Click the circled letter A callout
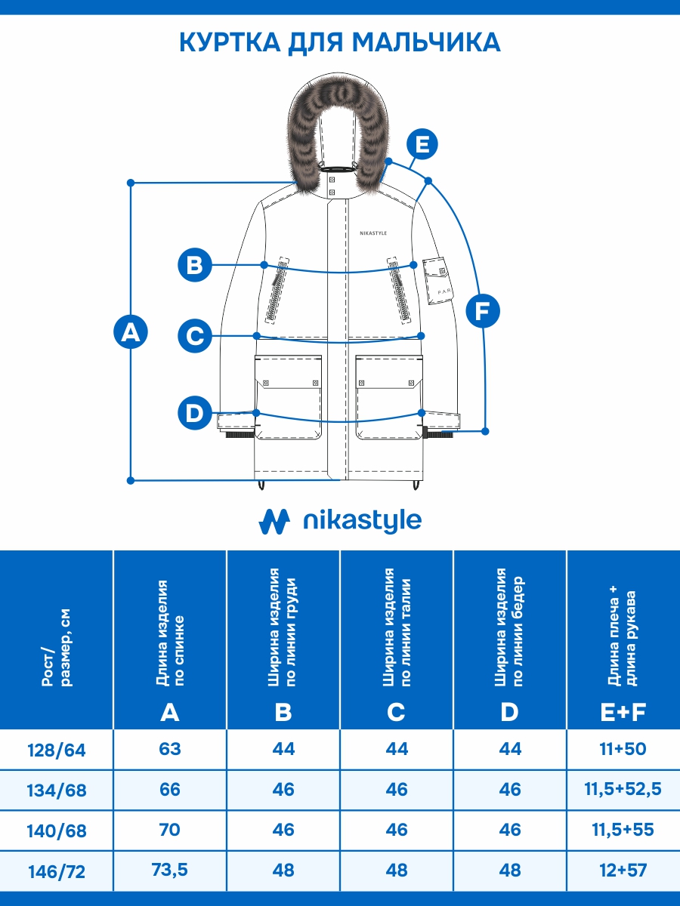[131, 332]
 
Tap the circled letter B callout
[195, 265]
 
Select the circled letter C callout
[195, 335]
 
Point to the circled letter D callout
[195, 413]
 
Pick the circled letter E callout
[422, 144]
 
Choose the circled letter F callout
[482, 310]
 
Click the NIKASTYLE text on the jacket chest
[373, 233]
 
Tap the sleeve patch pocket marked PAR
[436, 281]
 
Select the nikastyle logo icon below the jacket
[274, 521]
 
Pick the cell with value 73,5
[170, 870]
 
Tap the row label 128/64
[57, 750]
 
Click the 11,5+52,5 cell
[623, 790]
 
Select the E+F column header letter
[623, 712]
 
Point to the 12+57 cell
[623, 870]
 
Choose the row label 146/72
[57, 871]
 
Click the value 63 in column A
[170, 749]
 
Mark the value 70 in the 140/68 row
[170, 830]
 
